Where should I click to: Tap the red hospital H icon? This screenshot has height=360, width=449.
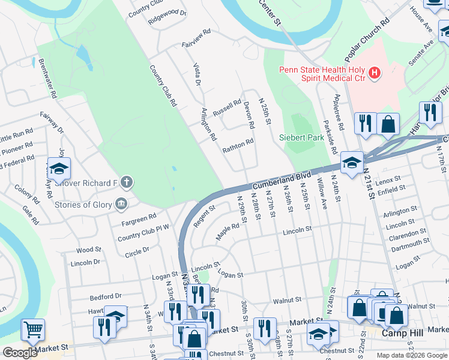pos(375,74)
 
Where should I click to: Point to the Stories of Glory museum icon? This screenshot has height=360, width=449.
pos(121,205)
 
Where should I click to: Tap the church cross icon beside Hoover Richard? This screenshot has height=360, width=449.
pos(126,181)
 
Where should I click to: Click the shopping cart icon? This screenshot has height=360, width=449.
pos(32,329)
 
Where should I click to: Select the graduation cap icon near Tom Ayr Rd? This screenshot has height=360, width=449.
pos(59,169)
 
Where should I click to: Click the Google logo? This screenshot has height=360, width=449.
pos(20,353)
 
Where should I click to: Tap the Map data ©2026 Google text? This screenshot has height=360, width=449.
pos(412,355)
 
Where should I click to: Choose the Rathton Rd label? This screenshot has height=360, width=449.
pos(238,146)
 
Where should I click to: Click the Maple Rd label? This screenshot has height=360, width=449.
pos(228,230)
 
